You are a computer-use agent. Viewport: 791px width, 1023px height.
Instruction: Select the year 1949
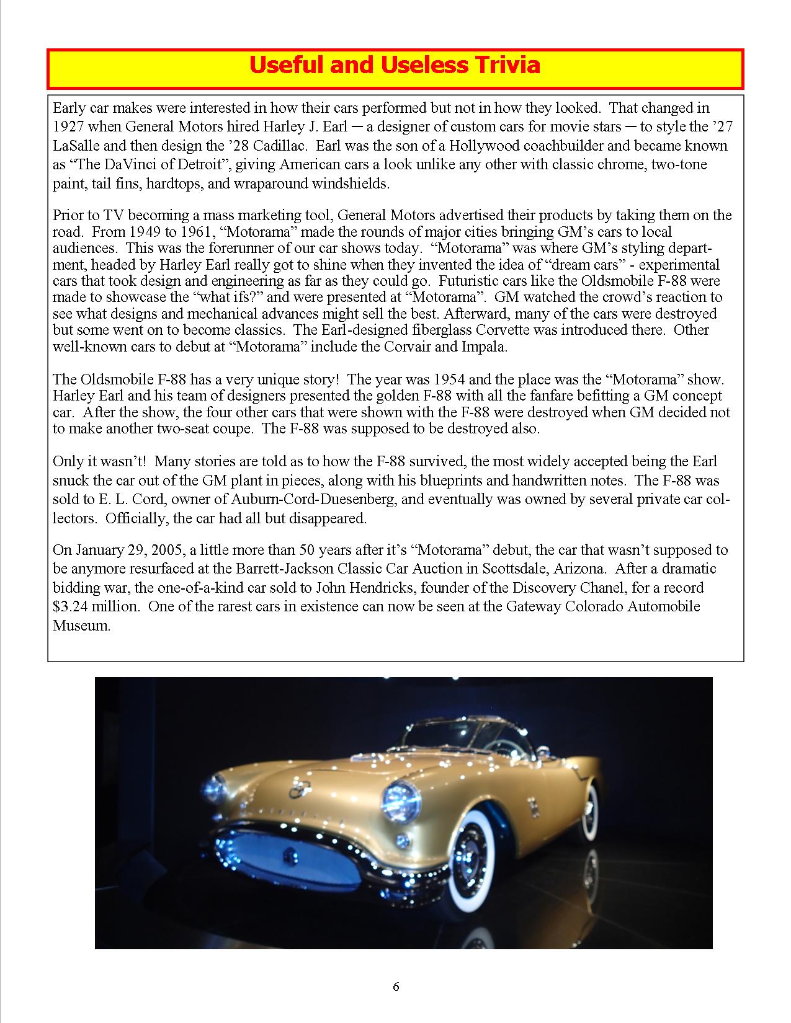pyautogui.click(x=144, y=232)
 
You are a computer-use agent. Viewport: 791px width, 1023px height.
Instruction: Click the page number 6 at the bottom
pyautogui.click(x=396, y=987)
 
